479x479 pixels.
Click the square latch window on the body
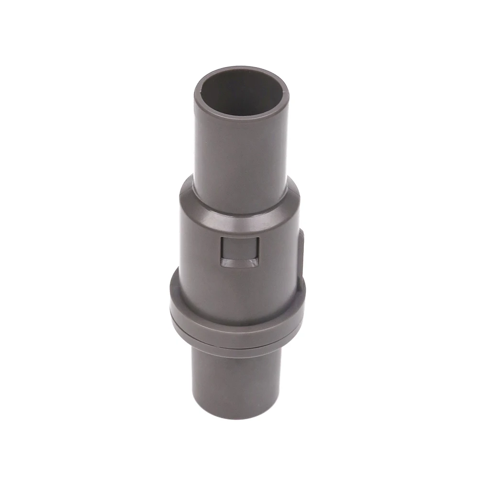coord(239,252)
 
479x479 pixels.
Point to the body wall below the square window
coord(239,292)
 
